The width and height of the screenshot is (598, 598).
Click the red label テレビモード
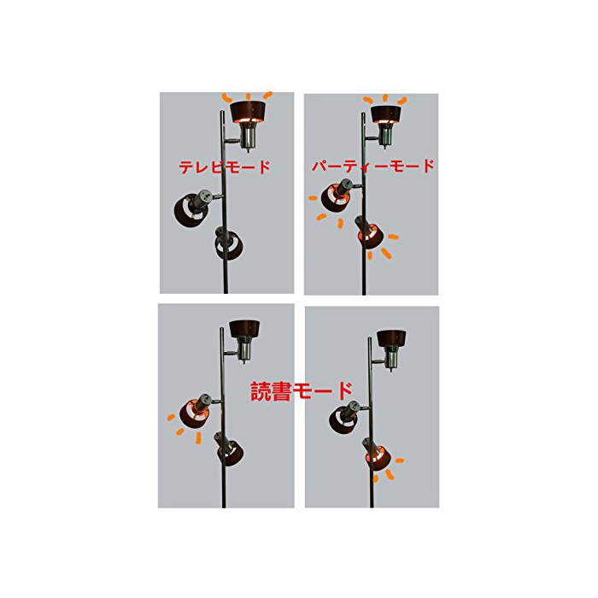click(x=225, y=167)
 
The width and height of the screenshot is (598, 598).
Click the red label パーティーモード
click(x=373, y=166)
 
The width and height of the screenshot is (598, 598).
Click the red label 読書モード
click(x=302, y=391)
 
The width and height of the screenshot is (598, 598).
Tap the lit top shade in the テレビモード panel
click(x=249, y=112)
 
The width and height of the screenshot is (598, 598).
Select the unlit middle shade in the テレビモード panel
click(x=191, y=211)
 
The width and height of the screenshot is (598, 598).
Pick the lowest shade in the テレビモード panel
click(x=230, y=244)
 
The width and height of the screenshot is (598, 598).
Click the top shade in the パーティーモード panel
click(x=386, y=114)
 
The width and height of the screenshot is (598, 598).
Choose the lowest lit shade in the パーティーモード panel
click(x=370, y=236)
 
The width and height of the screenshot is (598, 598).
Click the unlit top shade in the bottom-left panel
click(x=244, y=329)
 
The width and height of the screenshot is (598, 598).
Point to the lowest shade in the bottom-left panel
click(x=231, y=454)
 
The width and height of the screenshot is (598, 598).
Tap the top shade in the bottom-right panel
click(x=391, y=338)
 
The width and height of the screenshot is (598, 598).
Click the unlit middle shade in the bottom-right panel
click(x=343, y=420)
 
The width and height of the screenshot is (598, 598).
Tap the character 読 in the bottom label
click(x=261, y=391)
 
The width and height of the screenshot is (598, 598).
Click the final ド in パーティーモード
click(x=427, y=166)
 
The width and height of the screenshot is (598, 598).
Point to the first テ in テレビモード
click(x=186, y=167)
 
